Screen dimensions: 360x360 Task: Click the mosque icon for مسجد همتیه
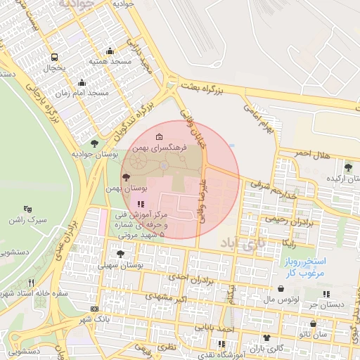[x=109, y=51]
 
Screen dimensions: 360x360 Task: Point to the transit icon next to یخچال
[x=55, y=58]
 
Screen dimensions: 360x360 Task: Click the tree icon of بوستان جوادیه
[x=94, y=143]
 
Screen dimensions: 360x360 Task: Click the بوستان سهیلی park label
[x=121, y=266]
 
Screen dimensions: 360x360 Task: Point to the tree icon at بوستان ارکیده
[x=348, y=167]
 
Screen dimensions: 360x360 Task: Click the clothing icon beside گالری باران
[x=266, y=337]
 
